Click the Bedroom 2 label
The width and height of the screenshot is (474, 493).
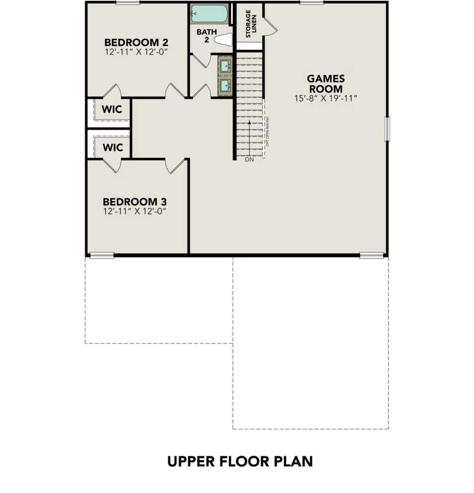tap(136, 42)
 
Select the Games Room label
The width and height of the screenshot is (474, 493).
tap(325, 84)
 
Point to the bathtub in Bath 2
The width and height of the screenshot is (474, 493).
tap(209, 14)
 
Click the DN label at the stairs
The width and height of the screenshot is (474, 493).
tap(249, 160)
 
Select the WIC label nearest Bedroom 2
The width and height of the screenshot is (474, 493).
tap(112, 110)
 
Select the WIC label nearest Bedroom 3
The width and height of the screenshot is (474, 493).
tap(112, 147)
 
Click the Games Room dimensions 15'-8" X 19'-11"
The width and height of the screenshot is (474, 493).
tap(325, 98)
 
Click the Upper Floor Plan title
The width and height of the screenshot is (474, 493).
tap(240, 461)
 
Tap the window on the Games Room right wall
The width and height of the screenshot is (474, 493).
tap(387, 129)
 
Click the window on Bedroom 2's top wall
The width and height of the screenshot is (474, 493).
tap(128, 3)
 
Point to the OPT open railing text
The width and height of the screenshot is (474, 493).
tap(267, 131)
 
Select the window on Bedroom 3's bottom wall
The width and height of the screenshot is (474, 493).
tap(101, 255)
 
